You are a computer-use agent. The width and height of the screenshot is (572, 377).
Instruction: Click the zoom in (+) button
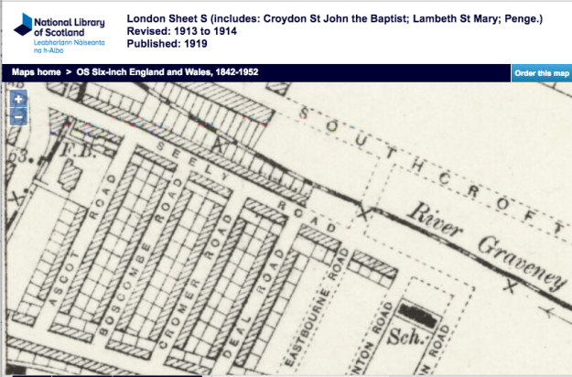(18, 98)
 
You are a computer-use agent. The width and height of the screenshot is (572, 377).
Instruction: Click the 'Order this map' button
(541, 73)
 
